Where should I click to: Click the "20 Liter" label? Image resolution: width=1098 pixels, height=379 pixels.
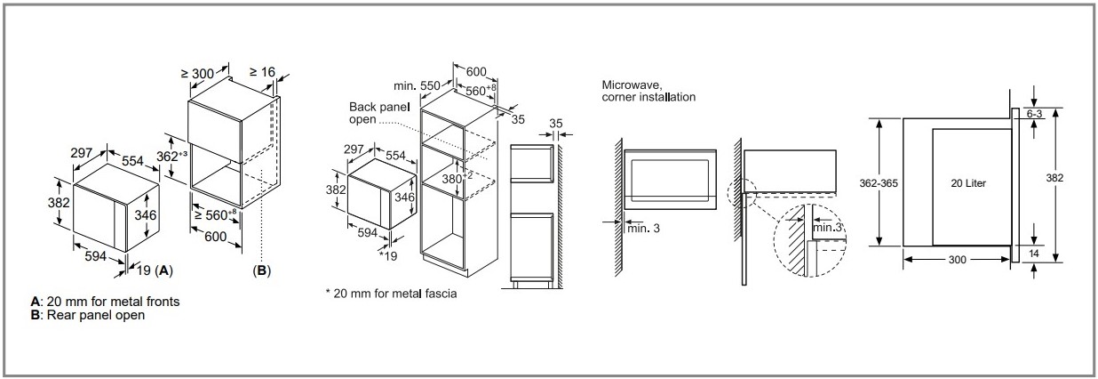pos(967,182)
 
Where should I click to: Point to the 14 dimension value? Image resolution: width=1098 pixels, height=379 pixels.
pos(1034,254)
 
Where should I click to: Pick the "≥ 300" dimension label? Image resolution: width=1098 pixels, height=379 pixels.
pos(197,74)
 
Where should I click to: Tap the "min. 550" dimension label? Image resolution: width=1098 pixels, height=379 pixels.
pos(418,85)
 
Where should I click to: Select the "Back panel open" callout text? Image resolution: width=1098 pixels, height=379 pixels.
pos(378,113)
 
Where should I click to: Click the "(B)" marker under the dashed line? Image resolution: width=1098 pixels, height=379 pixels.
pos(261,269)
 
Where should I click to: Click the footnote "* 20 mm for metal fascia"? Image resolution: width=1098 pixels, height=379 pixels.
pos(391,293)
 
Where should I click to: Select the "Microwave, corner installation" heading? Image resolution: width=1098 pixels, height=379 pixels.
pos(648,90)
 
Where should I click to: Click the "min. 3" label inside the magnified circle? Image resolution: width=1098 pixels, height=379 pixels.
pos(826,229)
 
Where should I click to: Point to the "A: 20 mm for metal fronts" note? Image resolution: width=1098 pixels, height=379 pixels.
pos(105,302)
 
